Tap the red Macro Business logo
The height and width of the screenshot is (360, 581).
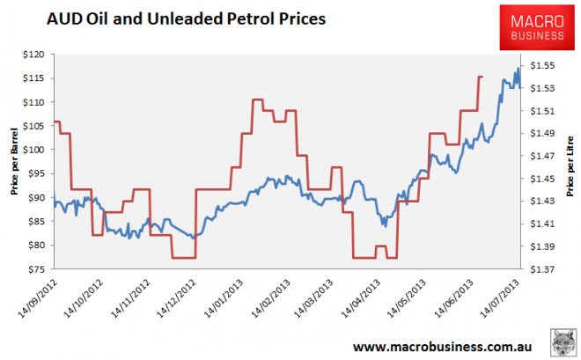pyautogui.click(x=533, y=26)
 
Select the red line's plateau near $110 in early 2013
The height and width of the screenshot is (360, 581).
pyautogui.click(x=258, y=100)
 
